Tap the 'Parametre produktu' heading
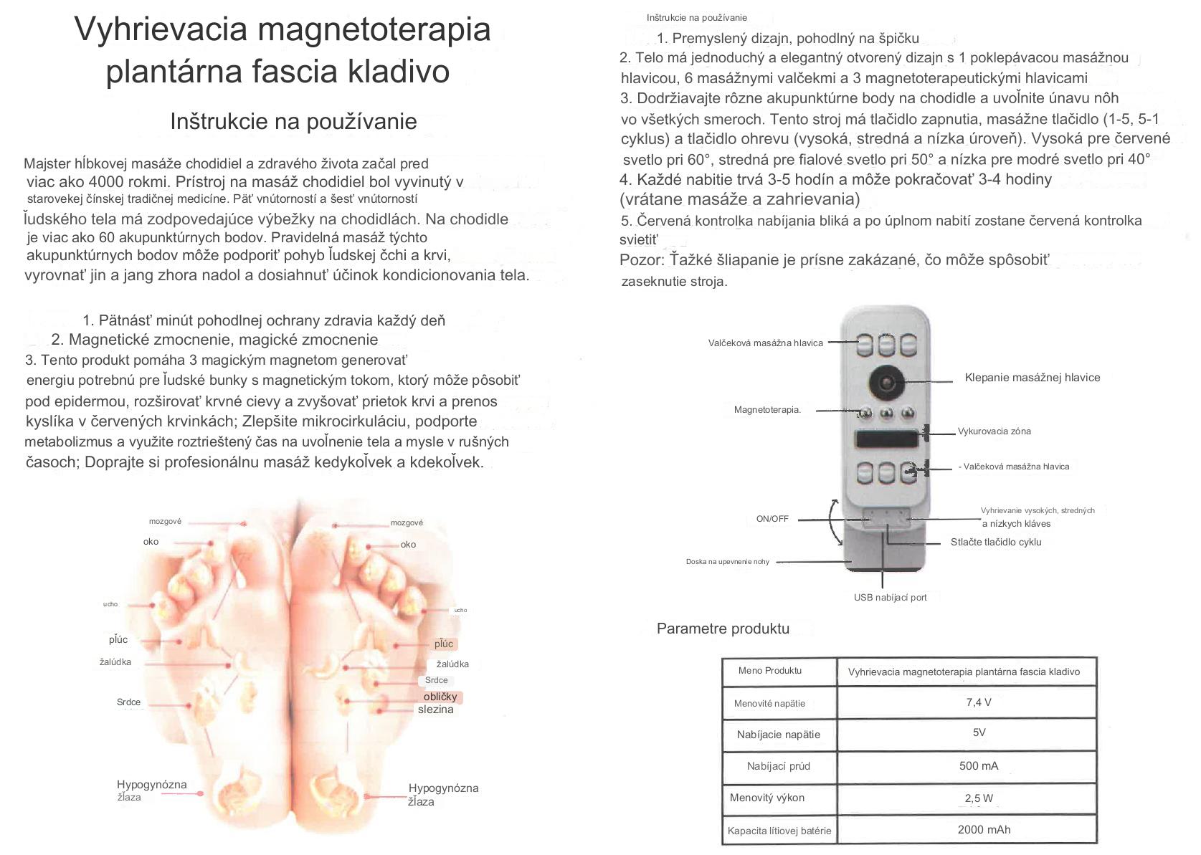coord(723,629)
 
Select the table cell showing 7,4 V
coord(978,702)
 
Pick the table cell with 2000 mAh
coord(984,829)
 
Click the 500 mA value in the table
coord(978,765)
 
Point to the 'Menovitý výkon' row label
coord(766,798)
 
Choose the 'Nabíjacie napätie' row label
coord(778,734)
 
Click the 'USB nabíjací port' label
coord(890,597)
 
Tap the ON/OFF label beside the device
coord(772,518)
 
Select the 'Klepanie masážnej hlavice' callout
coord(1032,378)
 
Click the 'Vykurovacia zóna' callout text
coord(994,431)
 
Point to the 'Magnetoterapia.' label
coord(767,410)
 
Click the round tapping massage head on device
coord(887,379)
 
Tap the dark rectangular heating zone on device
coord(886,438)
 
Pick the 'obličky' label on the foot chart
coord(440,697)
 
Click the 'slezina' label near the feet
coord(436,710)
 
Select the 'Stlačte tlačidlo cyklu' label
coord(996,542)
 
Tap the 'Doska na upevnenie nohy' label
coord(727,562)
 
